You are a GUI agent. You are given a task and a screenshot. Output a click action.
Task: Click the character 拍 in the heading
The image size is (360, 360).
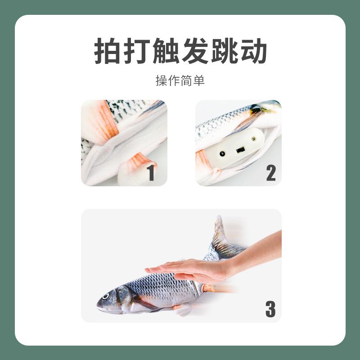pyautogui.click(x=108, y=50)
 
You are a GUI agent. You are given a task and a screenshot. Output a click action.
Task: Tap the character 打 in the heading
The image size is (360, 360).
pyautogui.click(x=137, y=50)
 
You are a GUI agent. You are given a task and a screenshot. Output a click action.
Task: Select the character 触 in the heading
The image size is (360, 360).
pyautogui.click(x=166, y=50)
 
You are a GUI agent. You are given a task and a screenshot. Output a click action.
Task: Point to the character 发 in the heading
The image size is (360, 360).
pyautogui.click(x=194, y=50)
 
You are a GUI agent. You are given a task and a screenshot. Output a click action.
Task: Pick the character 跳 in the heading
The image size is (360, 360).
pyautogui.click(x=224, y=50)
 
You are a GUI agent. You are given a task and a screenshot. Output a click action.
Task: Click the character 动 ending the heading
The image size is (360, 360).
pyautogui.click(x=253, y=50)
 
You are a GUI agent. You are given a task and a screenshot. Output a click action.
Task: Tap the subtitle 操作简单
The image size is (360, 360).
pyautogui.click(x=180, y=81)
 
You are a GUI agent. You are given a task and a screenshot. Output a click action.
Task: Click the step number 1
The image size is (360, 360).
pyautogui.click(x=151, y=172)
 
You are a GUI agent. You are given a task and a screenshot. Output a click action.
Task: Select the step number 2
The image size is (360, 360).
pyautogui.click(x=270, y=172)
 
